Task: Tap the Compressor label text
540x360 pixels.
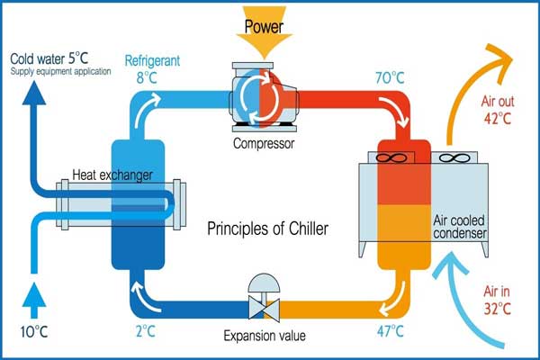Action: coord(264,143)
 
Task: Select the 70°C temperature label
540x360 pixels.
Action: coord(390,78)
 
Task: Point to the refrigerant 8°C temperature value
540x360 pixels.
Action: coord(147,77)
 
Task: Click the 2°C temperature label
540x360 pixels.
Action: coord(146,331)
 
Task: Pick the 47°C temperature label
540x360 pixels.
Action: coord(390,331)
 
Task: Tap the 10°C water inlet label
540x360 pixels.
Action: coord(34,332)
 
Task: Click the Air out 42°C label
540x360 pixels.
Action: coord(498,110)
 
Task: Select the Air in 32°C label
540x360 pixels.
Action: coord(497,300)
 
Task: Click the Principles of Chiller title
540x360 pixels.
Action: coord(267,229)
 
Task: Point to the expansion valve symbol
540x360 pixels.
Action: coord(264,298)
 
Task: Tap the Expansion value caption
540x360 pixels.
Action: coord(265,336)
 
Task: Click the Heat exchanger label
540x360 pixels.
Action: coord(112,175)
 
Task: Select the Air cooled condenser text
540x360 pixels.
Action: coord(460,227)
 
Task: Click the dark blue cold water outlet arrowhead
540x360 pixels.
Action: coord(34,93)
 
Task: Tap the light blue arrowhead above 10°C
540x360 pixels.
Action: coord(34,295)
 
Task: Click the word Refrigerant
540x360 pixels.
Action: coord(152,60)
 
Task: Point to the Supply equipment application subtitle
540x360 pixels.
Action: coord(60,72)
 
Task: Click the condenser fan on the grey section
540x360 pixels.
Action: coord(454,157)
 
